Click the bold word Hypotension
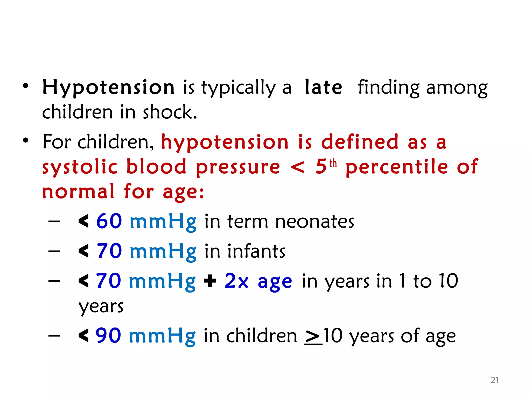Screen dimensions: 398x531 point(108,88)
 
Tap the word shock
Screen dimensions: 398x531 point(170,112)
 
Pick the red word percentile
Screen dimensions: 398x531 point(397,167)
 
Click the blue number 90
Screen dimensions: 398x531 point(108,336)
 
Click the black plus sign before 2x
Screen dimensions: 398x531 point(210,281)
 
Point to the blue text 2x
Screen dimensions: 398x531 point(236,281)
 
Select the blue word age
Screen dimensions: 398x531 point(275,282)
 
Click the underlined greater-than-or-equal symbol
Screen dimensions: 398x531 point(313,337)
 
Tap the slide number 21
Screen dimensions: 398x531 point(494,380)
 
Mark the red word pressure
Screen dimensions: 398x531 point(238,167)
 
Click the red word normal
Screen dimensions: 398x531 point(78,192)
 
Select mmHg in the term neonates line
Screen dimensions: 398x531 point(163,222)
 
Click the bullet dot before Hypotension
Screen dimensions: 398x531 point(25,86)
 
